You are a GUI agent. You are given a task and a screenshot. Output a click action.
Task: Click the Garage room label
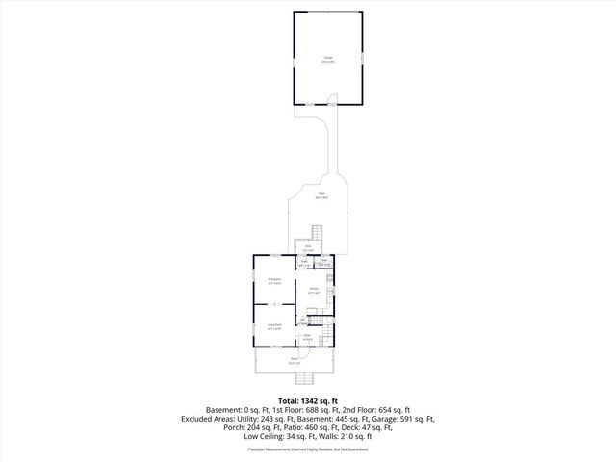[327, 59]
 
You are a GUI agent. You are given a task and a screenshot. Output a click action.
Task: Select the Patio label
[320, 197]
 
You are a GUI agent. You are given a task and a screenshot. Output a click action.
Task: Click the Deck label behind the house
[308, 249]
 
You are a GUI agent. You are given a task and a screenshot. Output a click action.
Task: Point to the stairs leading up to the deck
[317, 234]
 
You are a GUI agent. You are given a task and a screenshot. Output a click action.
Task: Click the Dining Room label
[274, 281]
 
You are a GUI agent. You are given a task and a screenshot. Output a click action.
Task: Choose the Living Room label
[274, 327]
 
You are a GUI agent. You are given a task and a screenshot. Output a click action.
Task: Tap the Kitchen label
[314, 290]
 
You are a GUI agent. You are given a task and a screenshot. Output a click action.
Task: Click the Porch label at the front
[294, 362]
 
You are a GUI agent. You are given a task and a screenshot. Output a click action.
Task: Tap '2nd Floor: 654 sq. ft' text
[381, 410]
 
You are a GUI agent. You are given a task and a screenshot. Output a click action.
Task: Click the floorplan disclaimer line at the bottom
[308, 449]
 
